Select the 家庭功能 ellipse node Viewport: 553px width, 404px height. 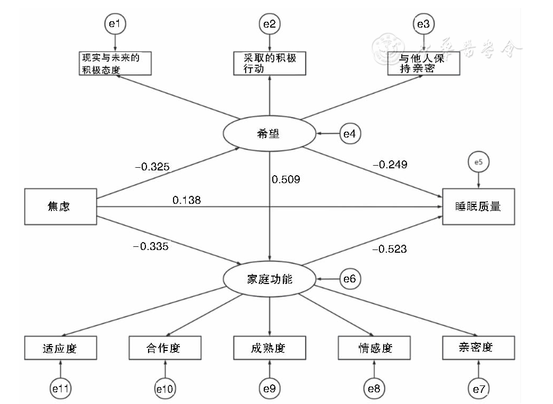pyautogui.click(x=270, y=279)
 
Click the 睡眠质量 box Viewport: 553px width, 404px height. pyautogui.click(x=478, y=207)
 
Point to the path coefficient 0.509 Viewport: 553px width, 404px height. pyautogui.click(x=286, y=179)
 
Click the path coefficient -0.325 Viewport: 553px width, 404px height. pyautogui.click(x=152, y=167)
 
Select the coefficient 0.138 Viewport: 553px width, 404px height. pyautogui.click(x=186, y=200)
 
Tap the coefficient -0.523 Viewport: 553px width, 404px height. pyautogui.click(x=390, y=248)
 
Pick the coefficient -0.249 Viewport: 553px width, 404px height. pyautogui.click(x=390, y=165)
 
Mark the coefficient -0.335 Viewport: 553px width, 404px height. pyautogui.click(x=151, y=245)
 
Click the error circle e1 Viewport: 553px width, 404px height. pyautogui.click(x=116, y=24)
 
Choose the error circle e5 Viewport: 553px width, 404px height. pyautogui.click(x=479, y=163)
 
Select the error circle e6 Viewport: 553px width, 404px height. pyautogui.click(x=350, y=279)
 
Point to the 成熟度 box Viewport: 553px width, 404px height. pyautogui.click(x=270, y=348)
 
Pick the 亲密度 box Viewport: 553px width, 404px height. pyautogui.click(x=478, y=348)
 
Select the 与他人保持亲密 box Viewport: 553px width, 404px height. pyautogui.click(x=423, y=64)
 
